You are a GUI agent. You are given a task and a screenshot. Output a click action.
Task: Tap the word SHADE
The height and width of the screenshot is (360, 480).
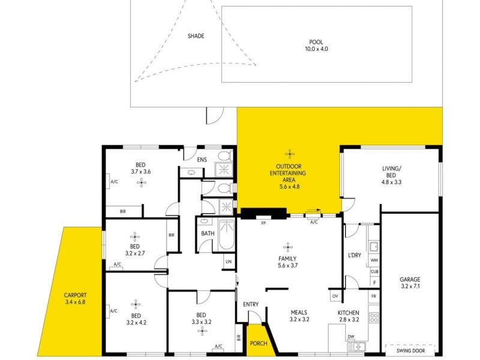[196, 36]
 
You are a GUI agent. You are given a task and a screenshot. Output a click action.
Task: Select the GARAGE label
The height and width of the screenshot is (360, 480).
[410, 279]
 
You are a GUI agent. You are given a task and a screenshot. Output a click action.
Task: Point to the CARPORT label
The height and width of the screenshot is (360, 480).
[76, 295]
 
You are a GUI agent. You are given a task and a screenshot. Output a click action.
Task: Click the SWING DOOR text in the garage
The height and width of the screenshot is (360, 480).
[410, 348]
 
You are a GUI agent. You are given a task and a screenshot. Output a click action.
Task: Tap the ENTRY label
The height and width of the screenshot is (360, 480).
[251, 304]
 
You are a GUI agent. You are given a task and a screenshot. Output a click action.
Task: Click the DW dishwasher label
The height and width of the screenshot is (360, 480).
[350, 337]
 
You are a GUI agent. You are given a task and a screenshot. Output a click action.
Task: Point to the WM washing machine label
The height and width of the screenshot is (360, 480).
[374, 260]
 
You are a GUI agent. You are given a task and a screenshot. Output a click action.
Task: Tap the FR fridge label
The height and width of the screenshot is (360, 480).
[374, 296]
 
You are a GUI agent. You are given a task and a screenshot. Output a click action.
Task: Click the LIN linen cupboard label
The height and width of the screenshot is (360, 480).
[228, 262]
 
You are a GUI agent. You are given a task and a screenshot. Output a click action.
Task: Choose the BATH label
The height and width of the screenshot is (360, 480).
[208, 233]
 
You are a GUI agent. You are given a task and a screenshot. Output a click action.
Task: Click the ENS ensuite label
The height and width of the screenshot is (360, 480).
[202, 159]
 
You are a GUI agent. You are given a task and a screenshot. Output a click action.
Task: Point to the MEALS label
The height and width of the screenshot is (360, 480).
[299, 312]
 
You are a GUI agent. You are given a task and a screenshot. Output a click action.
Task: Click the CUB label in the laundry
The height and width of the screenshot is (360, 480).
[374, 272]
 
